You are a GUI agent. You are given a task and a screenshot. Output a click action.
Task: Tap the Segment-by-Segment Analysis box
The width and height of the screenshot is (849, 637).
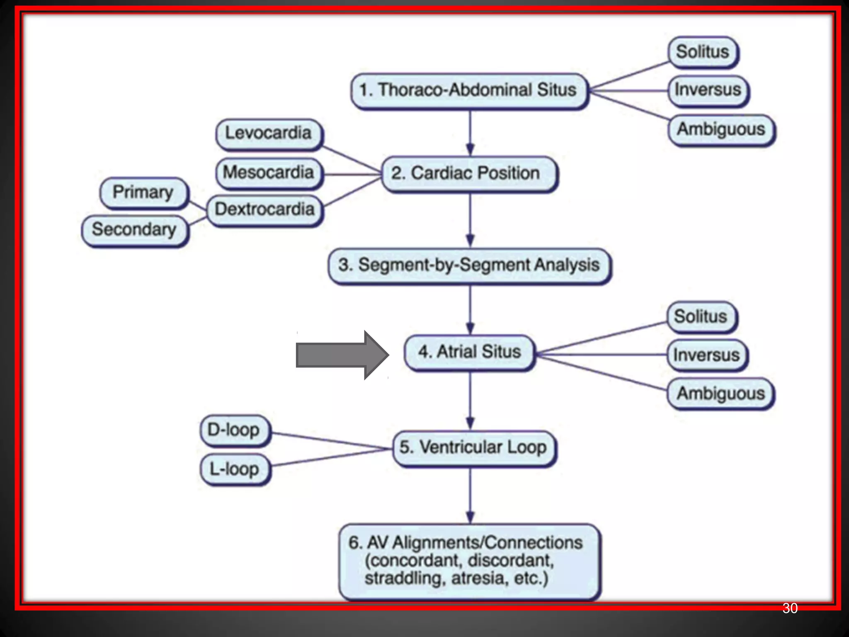click(x=469, y=265)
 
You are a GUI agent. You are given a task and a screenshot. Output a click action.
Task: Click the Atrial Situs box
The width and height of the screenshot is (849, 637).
click(x=469, y=352)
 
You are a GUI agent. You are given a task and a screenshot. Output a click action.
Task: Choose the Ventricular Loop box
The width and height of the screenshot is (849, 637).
click(x=473, y=448)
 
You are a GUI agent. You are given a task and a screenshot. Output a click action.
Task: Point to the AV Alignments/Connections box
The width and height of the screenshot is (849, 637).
click(x=469, y=561)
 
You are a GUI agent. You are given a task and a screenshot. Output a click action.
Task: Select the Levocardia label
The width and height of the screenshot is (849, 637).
click(x=269, y=134)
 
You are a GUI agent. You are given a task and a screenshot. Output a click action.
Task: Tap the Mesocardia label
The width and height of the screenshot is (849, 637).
click(x=269, y=173)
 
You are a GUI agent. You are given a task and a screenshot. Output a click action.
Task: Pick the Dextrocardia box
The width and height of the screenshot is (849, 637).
click(x=264, y=209)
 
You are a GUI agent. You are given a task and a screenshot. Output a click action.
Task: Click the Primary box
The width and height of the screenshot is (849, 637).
click(x=143, y=192)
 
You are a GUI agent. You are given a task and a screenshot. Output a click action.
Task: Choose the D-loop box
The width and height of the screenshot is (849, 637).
click(x=234, y=430)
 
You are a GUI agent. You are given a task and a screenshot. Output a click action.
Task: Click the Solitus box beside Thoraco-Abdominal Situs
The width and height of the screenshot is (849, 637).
click(x=703, y=52)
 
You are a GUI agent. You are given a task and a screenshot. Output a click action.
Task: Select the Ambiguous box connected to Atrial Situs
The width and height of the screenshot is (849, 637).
click(x=720, y=393)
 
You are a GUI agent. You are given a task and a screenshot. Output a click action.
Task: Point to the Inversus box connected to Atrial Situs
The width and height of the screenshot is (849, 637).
click(x=707, y=355)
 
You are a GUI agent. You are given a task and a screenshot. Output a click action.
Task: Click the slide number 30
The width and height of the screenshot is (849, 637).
click(x=790, y=608)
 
